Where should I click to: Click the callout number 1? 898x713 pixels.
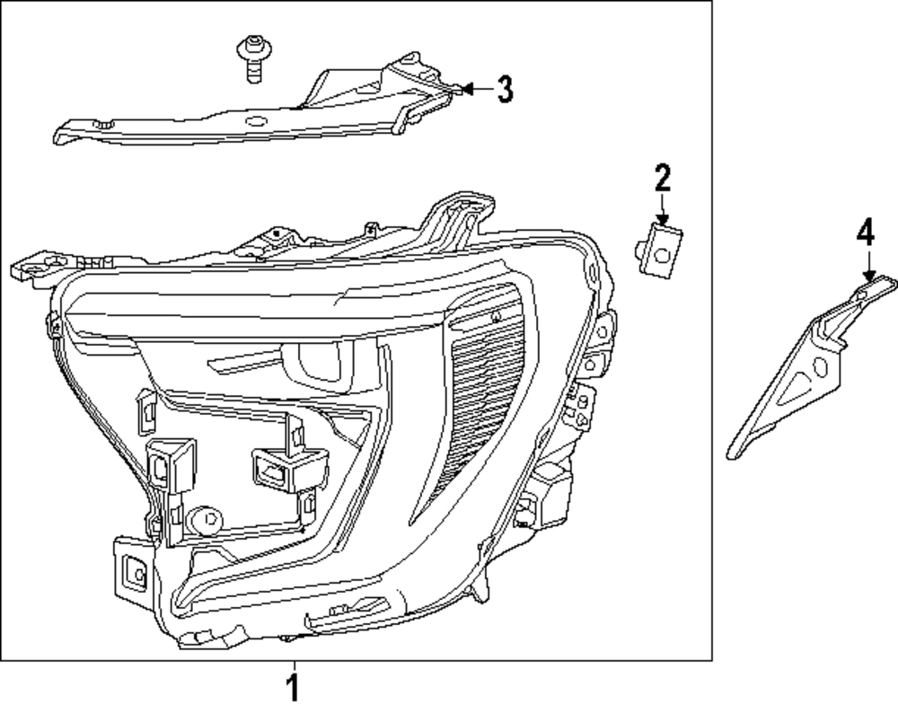click(x=292, y=690)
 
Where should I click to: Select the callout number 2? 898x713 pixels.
click(x=663, y=178)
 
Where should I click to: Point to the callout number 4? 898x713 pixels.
click(x=864, y=234)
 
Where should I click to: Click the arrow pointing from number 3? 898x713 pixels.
click(x=471, y=89)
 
